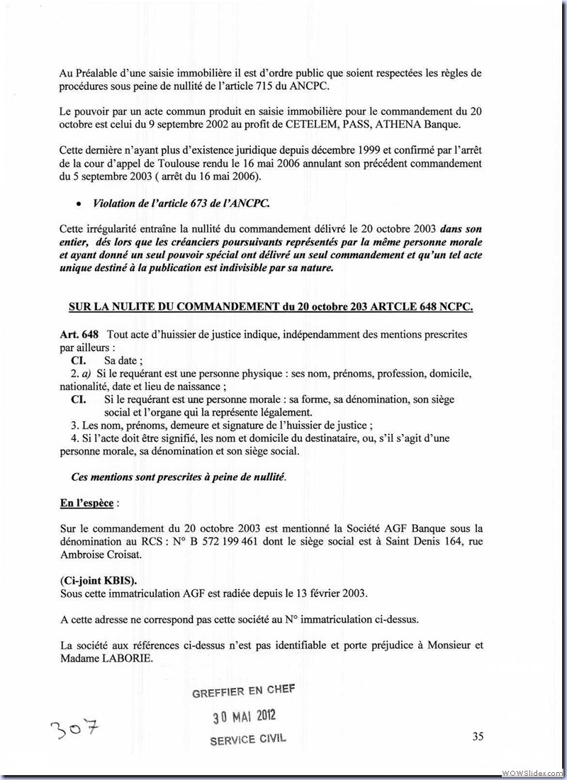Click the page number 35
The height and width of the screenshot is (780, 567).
(x=478, y=736)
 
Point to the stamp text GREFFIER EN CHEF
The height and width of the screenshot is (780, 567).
(x=244, y=691)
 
